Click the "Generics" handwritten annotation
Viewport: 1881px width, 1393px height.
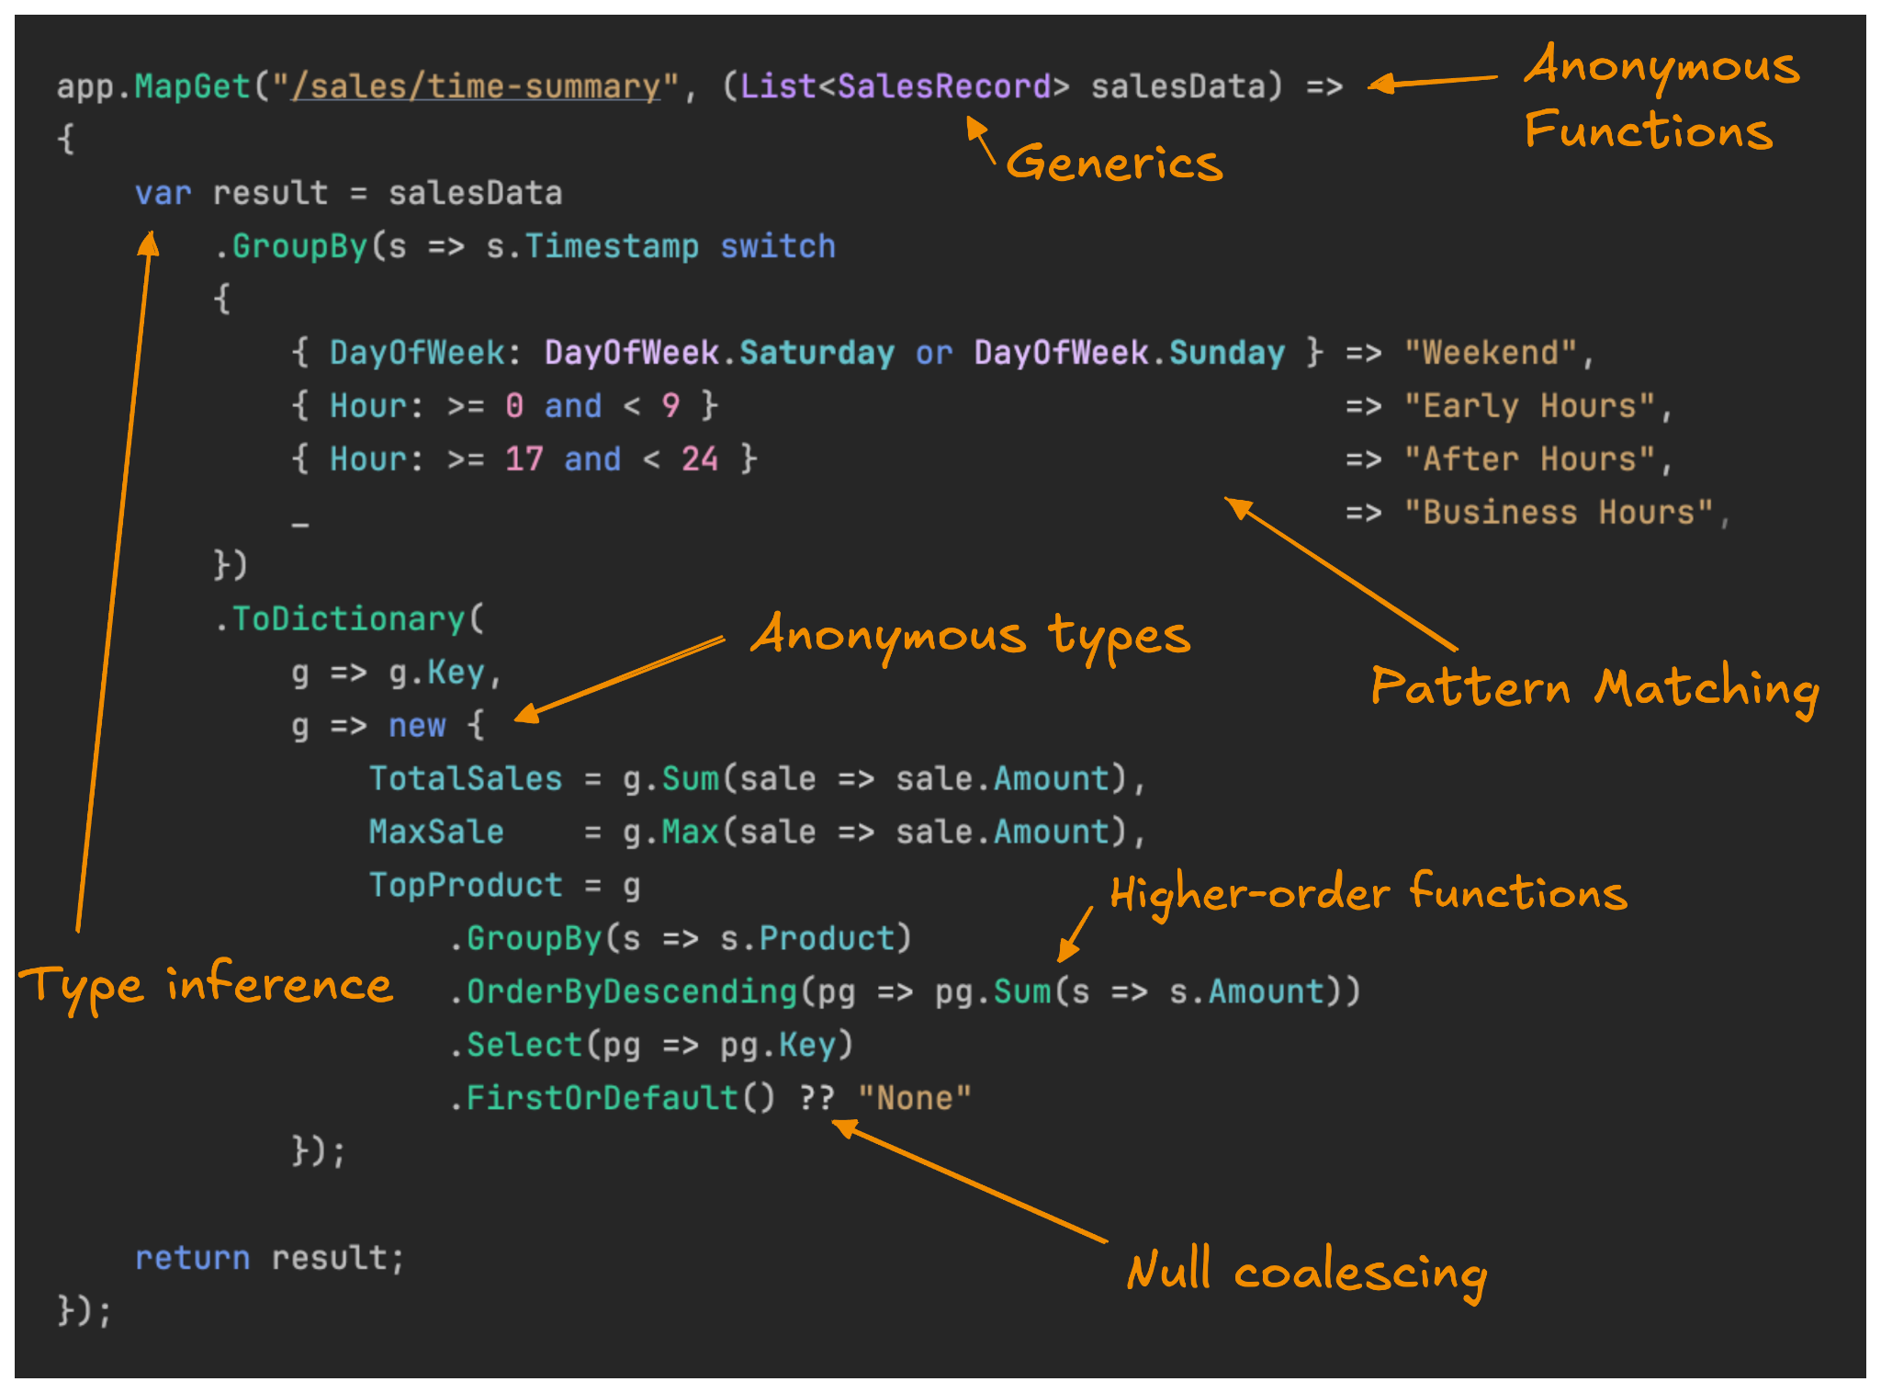click(x=1114, y=163)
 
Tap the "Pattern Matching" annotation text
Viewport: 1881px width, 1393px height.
click(x=1594, y=688)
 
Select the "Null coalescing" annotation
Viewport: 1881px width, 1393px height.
click(x=1306, y=1272)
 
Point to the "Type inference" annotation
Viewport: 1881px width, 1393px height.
click(x=207, y=986)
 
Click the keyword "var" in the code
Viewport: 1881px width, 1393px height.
click(x=163, y=194)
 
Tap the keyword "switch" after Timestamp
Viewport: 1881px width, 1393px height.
click(x=777, y=246)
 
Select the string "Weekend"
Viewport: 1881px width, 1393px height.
click(x=1490, y=353)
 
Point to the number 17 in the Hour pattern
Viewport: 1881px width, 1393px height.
click(x=524, y=459)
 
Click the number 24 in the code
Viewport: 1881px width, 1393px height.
click(x=699, y=459)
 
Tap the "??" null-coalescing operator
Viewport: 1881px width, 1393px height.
click(x=817, y=1098)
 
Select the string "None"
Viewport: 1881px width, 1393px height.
click(x=914, y=1098)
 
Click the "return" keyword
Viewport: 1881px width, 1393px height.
click(x=192, y=1258)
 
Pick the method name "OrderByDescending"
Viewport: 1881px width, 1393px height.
click(x=631, y=992)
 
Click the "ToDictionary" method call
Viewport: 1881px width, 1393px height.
click(x=348, y=619)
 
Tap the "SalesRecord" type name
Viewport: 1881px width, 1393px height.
click(x=943, y=86)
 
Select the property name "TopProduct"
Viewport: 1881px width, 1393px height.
click(x=465, y=885)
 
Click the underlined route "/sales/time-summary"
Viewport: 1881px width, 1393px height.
click(x=476, y=86)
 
